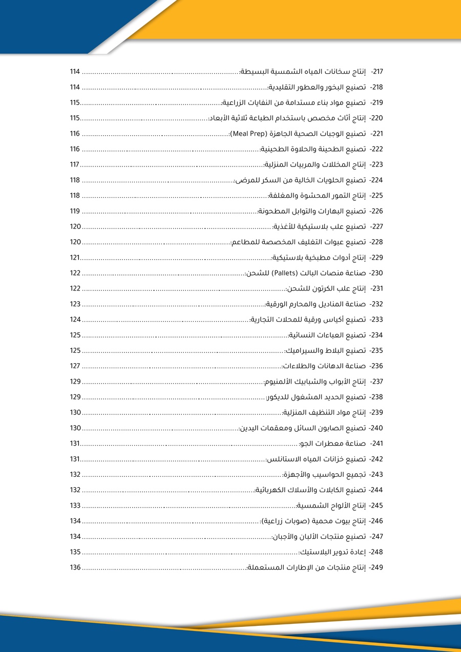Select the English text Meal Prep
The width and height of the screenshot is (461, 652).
point(249,134)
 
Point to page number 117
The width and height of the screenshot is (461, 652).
point(75,164)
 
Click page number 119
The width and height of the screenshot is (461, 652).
point(75,211)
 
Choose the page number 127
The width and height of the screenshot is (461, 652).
point(75,366)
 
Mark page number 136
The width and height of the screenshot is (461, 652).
point(75,567)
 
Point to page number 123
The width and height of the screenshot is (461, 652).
point(75,304)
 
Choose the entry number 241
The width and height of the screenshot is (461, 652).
point(377,444)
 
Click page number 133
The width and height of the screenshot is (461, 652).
point(75,505)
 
